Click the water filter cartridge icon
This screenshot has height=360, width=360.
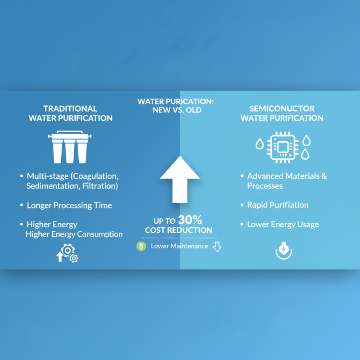[x=70, y=148]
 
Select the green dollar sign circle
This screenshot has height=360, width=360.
[x=141, y=246]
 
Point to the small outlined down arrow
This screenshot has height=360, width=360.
[x=217, y=246]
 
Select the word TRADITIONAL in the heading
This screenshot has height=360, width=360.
[x=70, y=108]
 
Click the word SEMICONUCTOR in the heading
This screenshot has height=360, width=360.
[x=282, y=108]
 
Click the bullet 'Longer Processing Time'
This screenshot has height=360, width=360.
[x=69, y=205]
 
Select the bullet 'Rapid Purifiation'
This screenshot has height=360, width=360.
[x=278, y=205]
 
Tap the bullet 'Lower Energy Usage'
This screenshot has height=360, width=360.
[x=283, y=224]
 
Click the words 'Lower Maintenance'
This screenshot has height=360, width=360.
[x=179, y=246]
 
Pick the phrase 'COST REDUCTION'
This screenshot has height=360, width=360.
[x=179, y=230]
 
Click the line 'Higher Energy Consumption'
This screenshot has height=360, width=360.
[x=74, y=234]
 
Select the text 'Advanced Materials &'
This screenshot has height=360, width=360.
[x=287, y=176]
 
